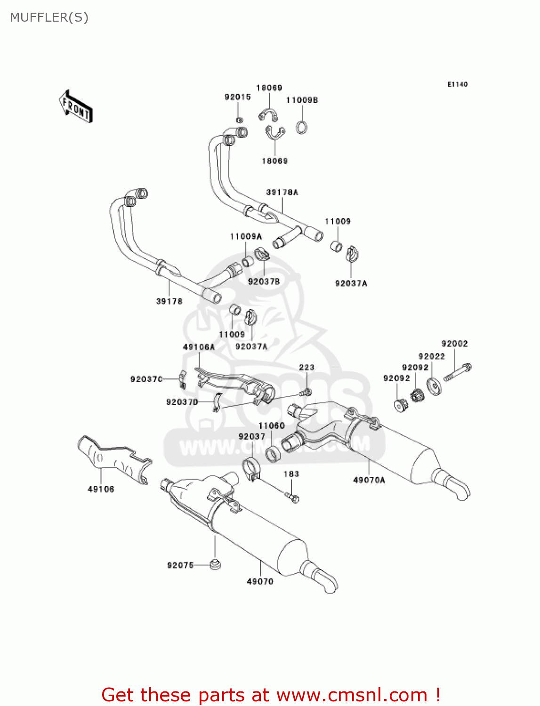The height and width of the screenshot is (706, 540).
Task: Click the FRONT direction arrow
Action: (75, 107)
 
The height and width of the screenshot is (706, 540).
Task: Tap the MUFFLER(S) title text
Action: (49, 17)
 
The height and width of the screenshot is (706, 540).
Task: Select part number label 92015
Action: (237, 97)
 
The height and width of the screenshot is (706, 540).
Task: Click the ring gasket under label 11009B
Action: (302, 127)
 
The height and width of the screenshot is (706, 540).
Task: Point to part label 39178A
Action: (282, 192)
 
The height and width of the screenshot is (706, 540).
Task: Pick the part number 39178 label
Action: (169, 301)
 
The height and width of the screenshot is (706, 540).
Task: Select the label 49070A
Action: (369, 480)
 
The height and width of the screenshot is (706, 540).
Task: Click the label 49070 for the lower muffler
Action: (260, 581)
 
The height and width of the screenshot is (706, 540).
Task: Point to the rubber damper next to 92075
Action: (215, 564)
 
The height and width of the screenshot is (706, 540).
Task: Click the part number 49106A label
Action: (199, 347)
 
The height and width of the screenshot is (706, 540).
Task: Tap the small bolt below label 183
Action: (292, 497)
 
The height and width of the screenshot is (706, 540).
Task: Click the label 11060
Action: (271, 425)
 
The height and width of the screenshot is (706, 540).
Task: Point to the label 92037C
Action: (146, 379)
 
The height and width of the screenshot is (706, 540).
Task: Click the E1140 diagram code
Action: (457, 84)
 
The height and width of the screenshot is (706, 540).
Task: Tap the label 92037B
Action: (264, 281)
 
